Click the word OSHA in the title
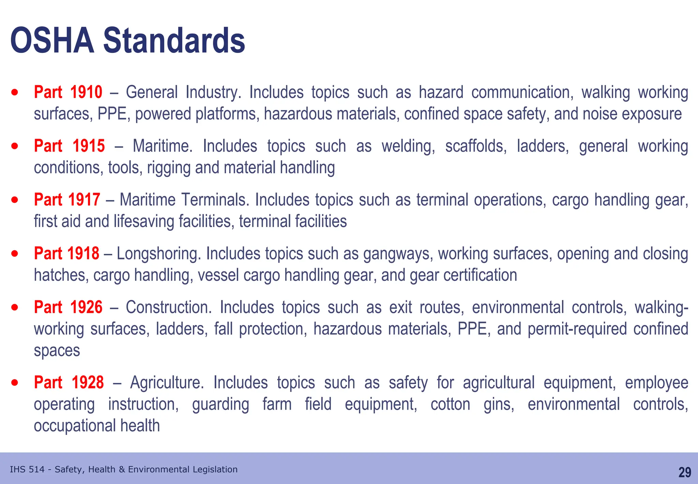pos(52,41)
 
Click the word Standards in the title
pos(174,41)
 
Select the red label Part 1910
pos(68,92)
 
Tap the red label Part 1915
pos(69,146)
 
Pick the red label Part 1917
pos(67,200)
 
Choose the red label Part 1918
pos(66,254)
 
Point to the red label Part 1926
pos(68,307)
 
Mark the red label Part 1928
pos(69,382)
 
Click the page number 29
pos(684,472)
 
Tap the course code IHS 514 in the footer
pos(27,470)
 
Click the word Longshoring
pos(159,254)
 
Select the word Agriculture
pos(167,382)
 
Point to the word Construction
pos(169,307)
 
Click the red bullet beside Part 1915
pos(15,146)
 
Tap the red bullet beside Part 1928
pos(15,383)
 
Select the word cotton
pos(450,404)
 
